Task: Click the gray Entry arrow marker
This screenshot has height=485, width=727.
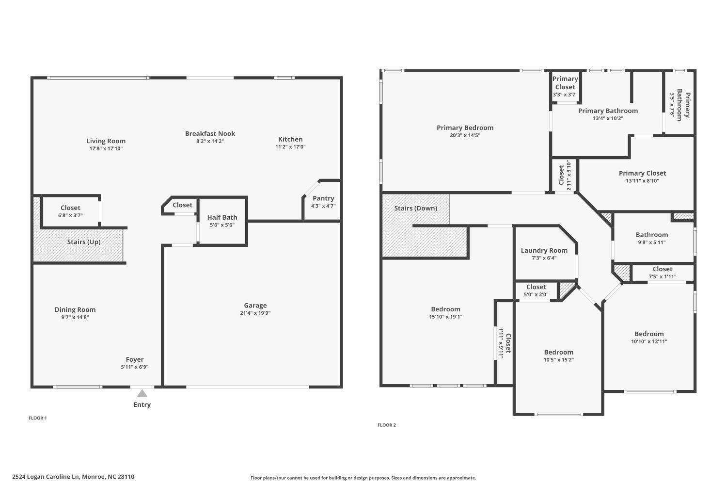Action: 142,393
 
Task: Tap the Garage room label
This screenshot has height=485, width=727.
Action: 255,306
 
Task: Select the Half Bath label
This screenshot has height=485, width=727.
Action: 222,217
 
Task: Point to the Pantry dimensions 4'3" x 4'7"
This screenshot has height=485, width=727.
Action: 323,206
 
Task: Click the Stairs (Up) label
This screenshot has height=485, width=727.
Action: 84,242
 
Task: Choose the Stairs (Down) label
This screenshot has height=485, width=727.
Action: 416,208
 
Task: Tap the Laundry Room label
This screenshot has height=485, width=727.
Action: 544,250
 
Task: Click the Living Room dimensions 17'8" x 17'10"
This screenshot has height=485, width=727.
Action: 106,148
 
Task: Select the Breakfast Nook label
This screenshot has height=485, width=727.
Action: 210,133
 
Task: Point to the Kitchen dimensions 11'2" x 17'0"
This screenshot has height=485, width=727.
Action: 290,146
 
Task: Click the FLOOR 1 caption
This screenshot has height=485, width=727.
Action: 38,418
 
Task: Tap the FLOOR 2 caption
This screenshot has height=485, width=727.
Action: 387,425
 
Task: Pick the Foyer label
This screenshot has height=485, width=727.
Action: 135,359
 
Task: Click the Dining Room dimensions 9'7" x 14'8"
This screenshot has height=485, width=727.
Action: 75,317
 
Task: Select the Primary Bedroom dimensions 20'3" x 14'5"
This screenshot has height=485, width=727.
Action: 465,135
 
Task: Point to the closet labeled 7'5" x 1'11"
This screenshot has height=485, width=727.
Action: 663,273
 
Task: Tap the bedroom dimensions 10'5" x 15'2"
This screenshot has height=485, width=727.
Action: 558,359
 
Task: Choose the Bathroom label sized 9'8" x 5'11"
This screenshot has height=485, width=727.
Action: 652,235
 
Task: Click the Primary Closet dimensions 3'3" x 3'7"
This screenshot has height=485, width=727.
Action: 565,95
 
